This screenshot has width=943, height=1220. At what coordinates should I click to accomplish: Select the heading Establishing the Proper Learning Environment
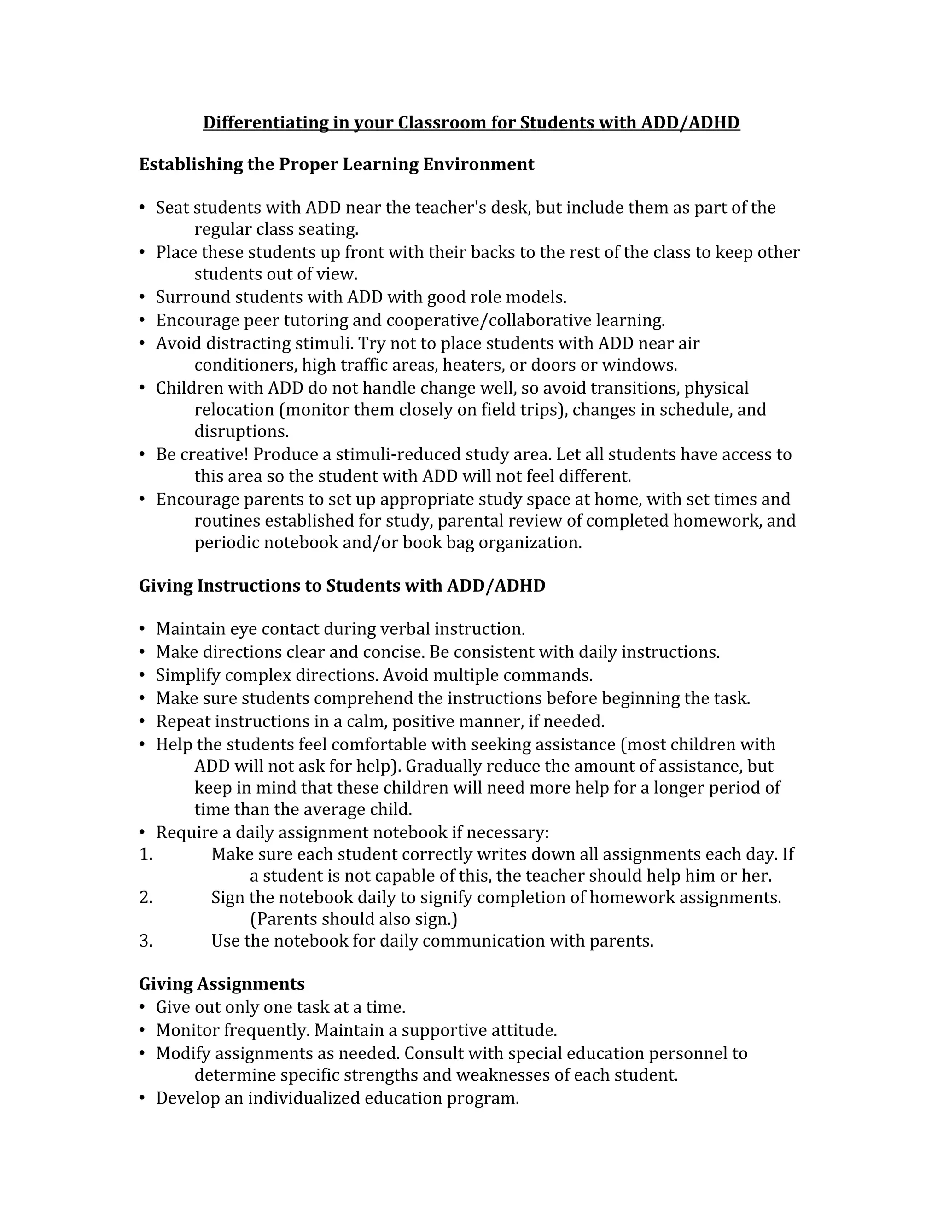click(x=336, y=164)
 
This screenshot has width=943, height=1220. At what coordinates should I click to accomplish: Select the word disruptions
click(x=241, y=431)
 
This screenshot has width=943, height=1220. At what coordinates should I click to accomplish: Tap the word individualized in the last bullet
click(x=304, y=1098)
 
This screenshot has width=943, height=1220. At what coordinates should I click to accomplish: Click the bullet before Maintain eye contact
click(x=142, y=629)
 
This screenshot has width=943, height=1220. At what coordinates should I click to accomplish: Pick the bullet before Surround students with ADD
click(x=142, y=297)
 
